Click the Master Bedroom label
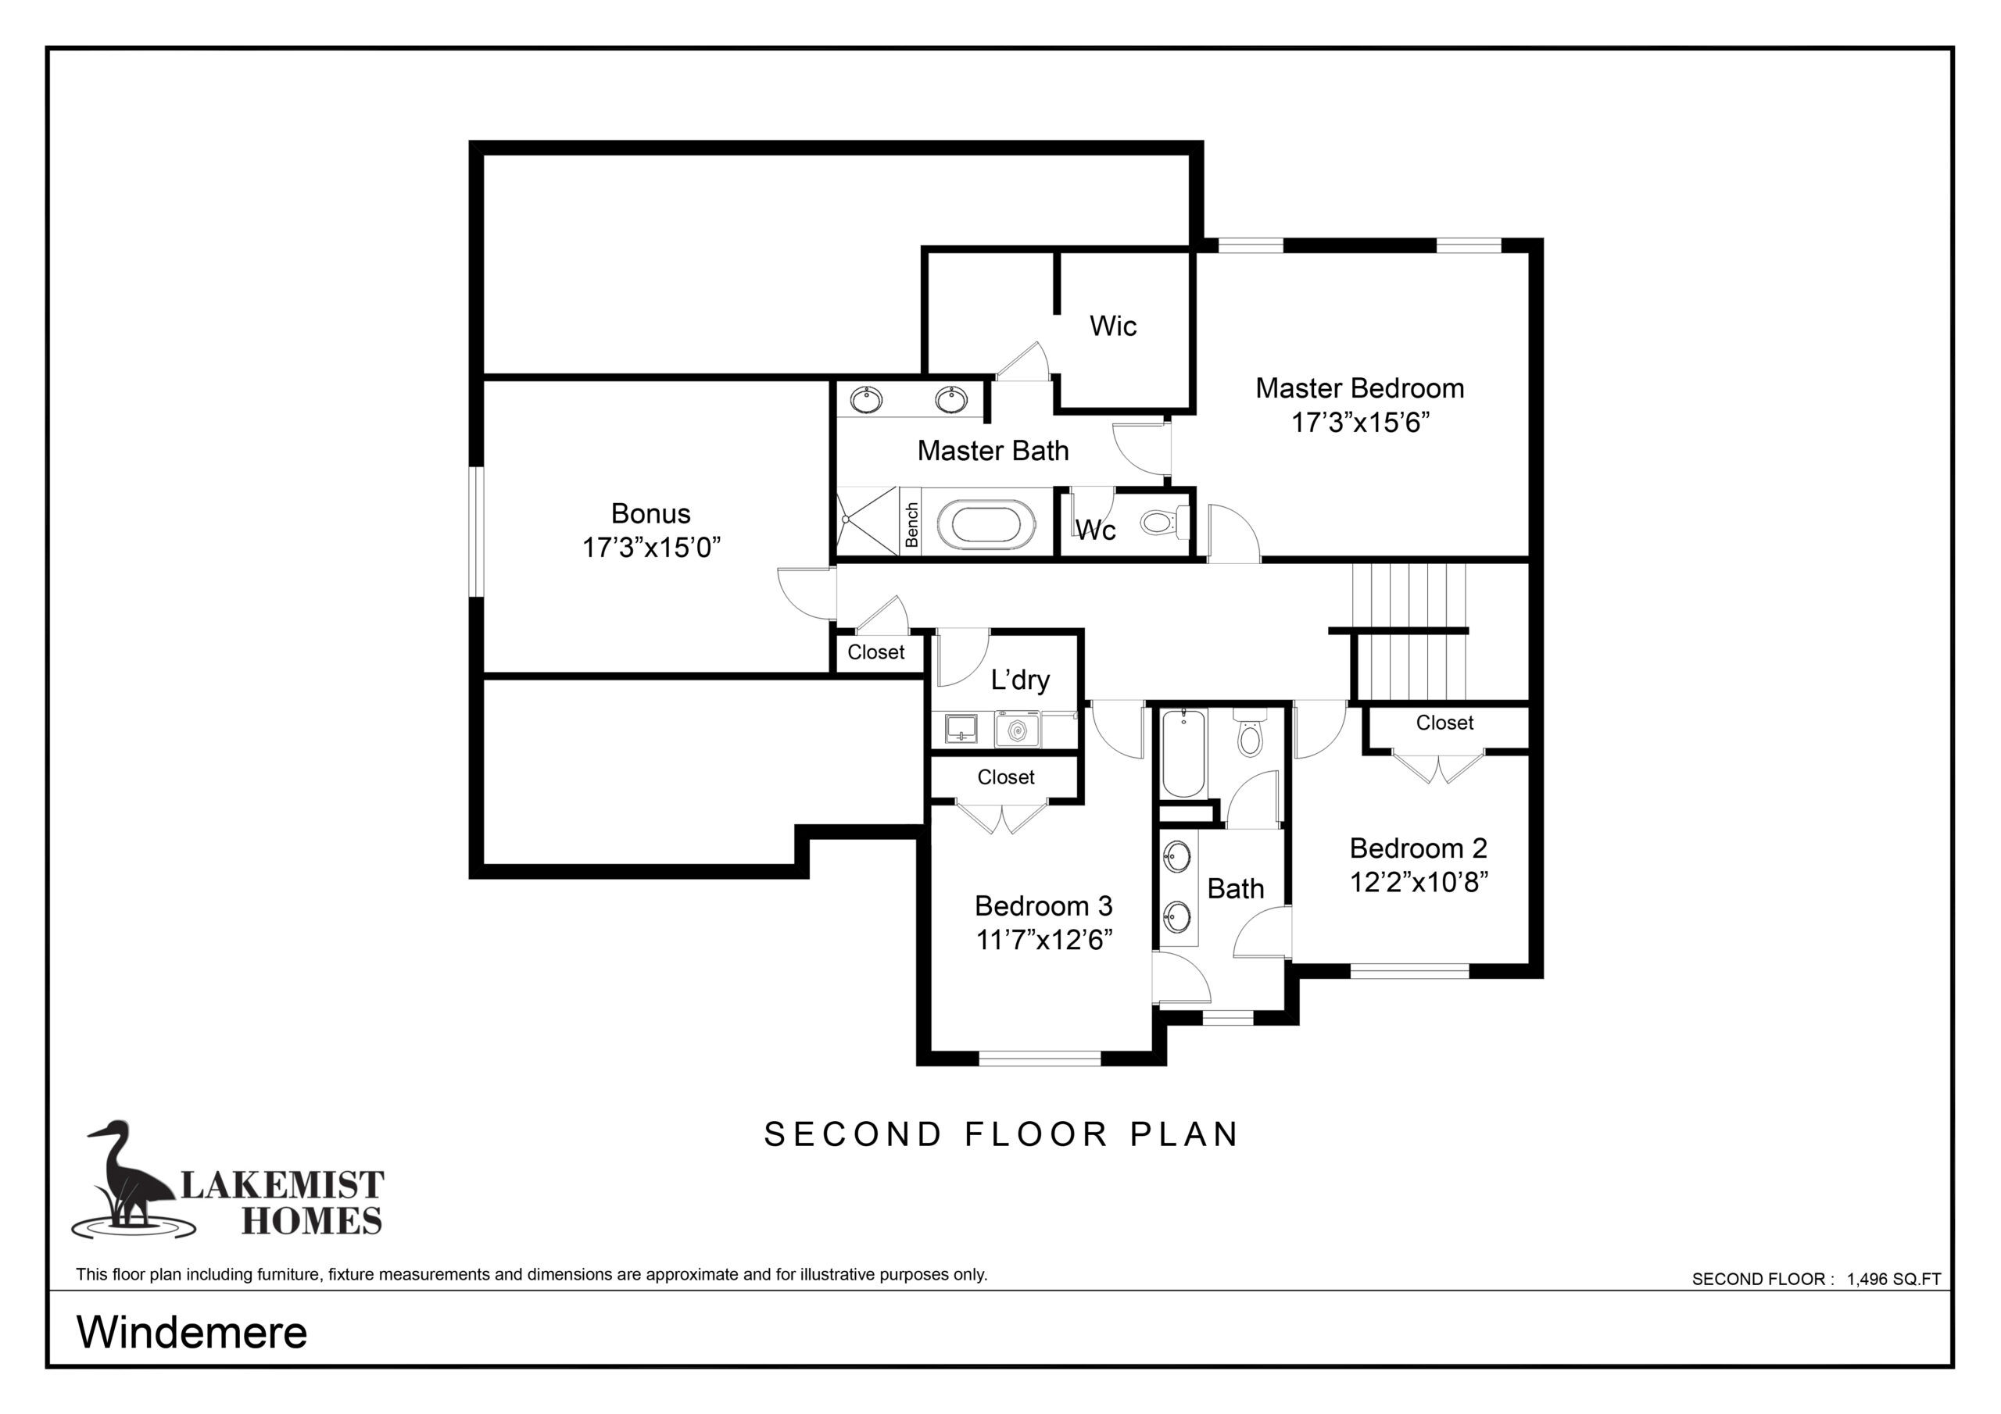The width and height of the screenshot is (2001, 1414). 1359,388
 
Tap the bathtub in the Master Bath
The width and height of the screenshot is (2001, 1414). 986,525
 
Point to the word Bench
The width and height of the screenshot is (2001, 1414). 911,524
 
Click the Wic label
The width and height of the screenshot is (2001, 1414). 1113,326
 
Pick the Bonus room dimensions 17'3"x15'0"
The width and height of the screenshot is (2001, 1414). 651,547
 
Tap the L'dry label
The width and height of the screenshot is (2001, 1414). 1020,680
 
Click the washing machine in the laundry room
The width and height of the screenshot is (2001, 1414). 1017,729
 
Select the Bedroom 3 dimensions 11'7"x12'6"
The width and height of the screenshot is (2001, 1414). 1044,940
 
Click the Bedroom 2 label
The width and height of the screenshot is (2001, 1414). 1418,848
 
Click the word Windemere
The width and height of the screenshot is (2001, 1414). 192,1332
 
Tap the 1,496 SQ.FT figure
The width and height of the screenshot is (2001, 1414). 1894,1279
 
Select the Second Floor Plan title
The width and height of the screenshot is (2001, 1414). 1000,1134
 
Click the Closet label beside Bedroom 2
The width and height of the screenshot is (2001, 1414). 1444,723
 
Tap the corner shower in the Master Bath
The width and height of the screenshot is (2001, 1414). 867,521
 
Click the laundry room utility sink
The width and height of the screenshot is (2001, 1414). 961,729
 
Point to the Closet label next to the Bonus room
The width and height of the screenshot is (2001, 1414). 876,652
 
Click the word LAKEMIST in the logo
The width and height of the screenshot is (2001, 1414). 281,1185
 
